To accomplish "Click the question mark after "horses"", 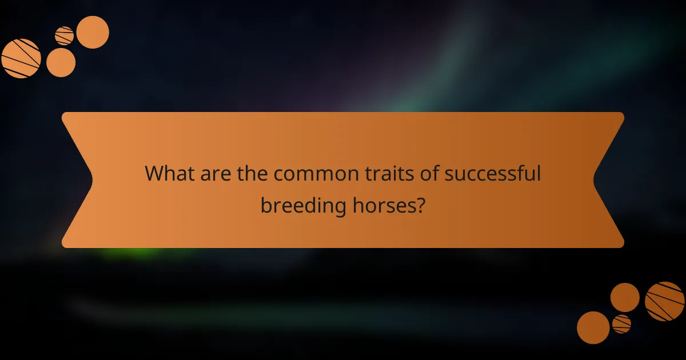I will click(420, 205).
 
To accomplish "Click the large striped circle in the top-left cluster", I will click(21, 58).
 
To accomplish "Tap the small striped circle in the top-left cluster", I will click(64, 36).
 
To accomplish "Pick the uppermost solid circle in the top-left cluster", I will click(93, 32).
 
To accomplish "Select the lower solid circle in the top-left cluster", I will click(61, 63).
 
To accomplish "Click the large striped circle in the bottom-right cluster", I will click(665, 301).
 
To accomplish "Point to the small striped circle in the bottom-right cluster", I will click(621, 324).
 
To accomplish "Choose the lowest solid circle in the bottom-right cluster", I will click(593, 327).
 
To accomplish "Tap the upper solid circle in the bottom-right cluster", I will click(625, 297).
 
